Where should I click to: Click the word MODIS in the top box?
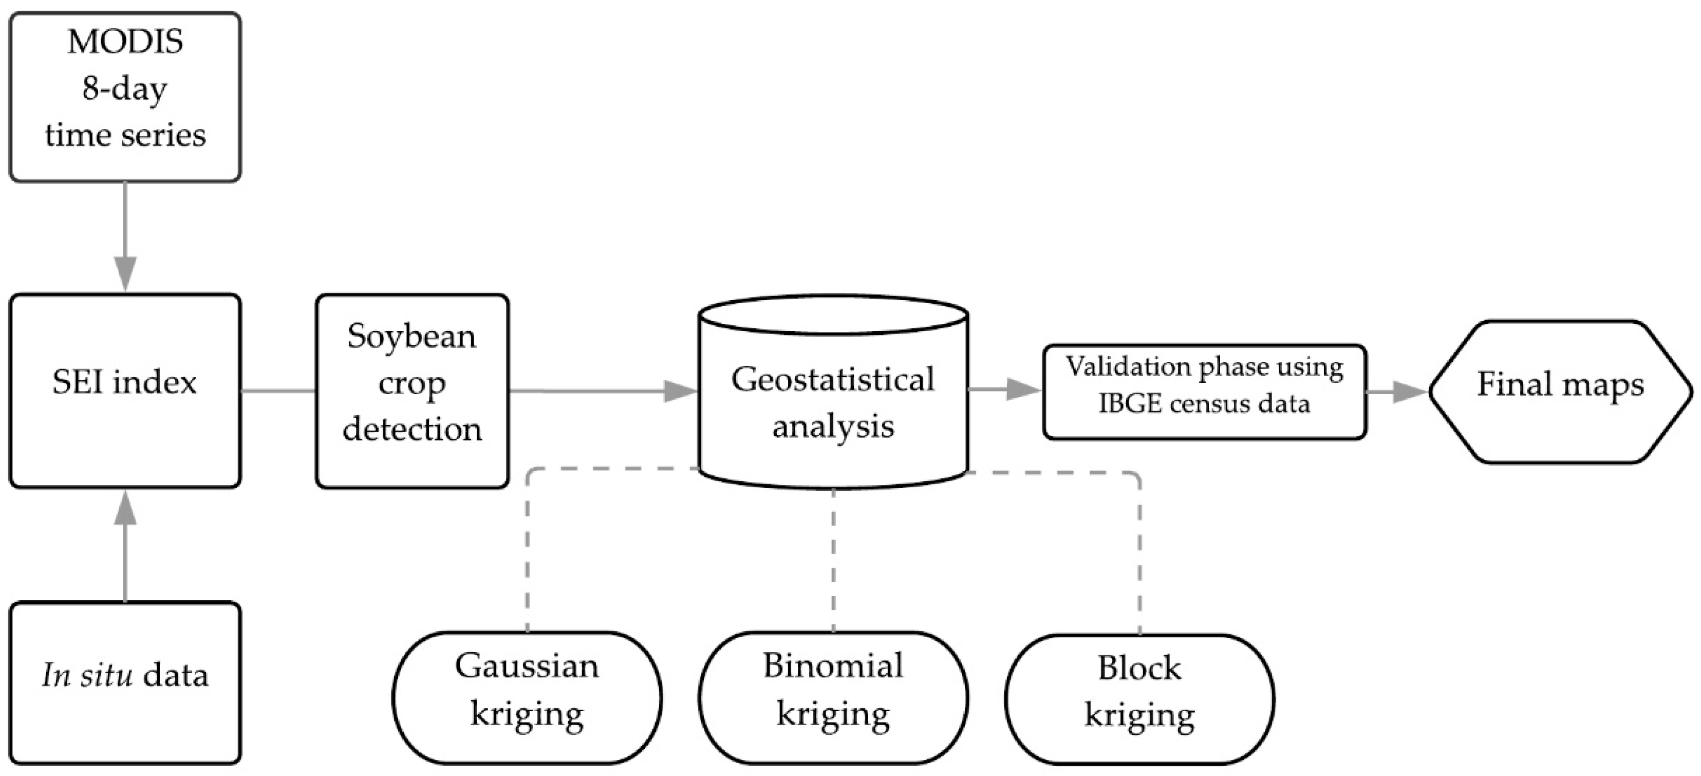pos(125,42)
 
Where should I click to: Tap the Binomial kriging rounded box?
pos(833,697)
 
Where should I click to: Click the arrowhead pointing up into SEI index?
pos(125,507)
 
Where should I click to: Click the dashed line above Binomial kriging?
pos(833,561)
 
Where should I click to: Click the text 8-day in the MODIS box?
pos(125,88)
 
